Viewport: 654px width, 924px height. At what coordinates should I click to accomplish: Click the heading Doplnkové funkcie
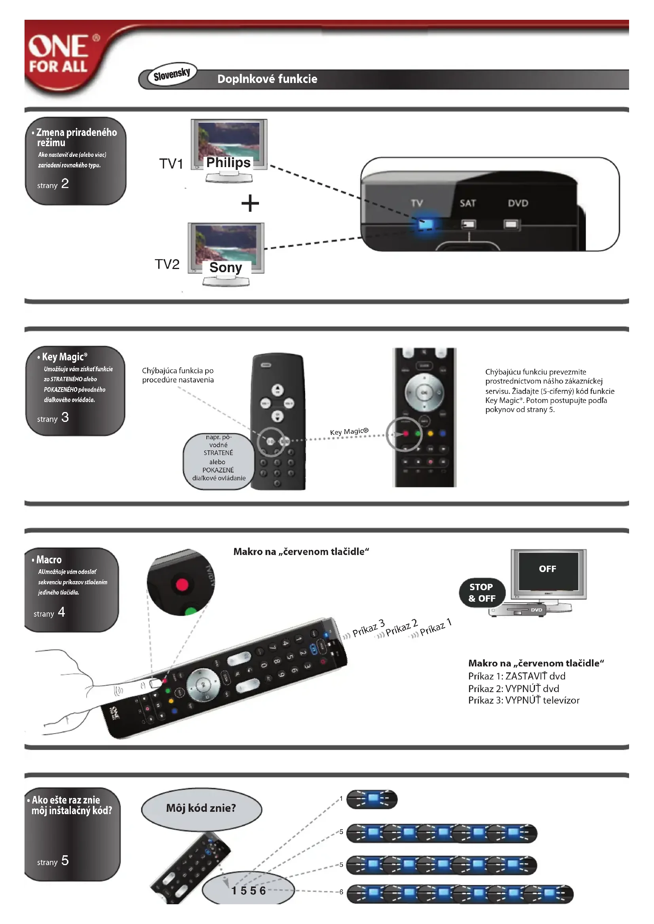[267, 79]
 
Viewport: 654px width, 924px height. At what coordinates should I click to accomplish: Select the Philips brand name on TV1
[228, 162]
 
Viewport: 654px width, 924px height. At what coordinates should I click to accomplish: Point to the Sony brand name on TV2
[225, 267]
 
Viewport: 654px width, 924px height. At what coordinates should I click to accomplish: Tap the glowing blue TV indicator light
[425, 224]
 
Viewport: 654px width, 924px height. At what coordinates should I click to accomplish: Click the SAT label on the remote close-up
[467, 203]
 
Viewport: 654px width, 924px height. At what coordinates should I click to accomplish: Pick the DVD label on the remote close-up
[518, 203]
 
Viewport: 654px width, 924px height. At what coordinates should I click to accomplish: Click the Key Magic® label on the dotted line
[349, 431]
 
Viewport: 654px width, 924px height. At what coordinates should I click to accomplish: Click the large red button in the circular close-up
[182, 584]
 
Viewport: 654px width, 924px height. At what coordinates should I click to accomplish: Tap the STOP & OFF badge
[482, 593]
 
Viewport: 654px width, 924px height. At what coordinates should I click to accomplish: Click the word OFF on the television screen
[547, 568]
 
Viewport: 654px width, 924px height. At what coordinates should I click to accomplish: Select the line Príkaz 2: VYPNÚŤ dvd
[514, 688]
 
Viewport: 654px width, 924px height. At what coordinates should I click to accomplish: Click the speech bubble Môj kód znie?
[201, 808]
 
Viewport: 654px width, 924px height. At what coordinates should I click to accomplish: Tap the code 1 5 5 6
[248, 890]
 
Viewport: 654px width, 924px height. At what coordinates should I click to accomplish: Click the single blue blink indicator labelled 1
[372, 799]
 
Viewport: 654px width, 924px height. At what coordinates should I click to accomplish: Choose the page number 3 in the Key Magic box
[65, 417]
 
